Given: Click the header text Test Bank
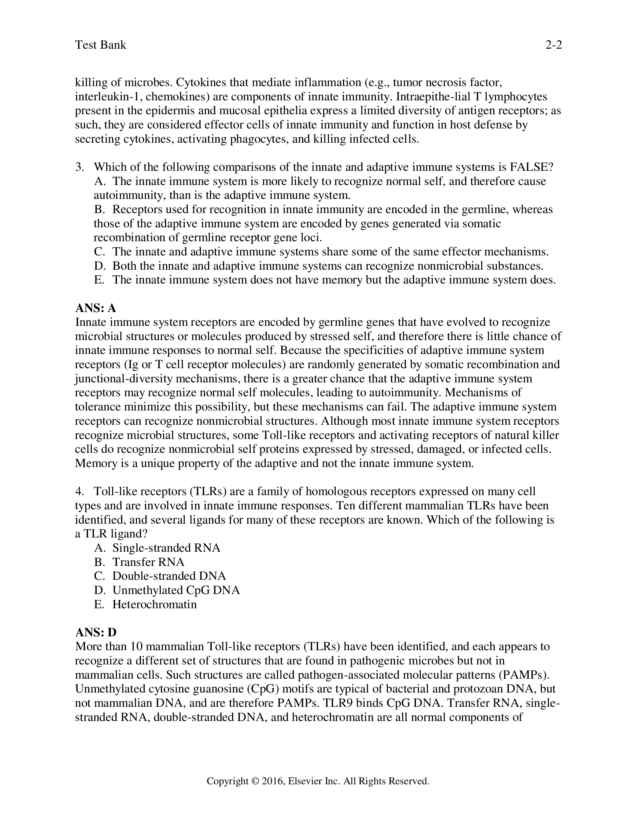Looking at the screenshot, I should point(100,45).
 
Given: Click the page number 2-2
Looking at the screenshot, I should point(553,45).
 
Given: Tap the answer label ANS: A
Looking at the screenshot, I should point(96,308).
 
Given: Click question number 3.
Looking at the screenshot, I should point(79,167).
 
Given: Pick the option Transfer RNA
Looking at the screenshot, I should point(148,562).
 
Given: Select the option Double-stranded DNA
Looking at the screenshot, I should point(169,576).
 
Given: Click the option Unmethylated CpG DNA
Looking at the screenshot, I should point(176,590).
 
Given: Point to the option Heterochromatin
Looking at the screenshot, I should point(154,605).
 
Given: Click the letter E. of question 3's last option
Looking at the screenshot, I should point(99,280).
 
